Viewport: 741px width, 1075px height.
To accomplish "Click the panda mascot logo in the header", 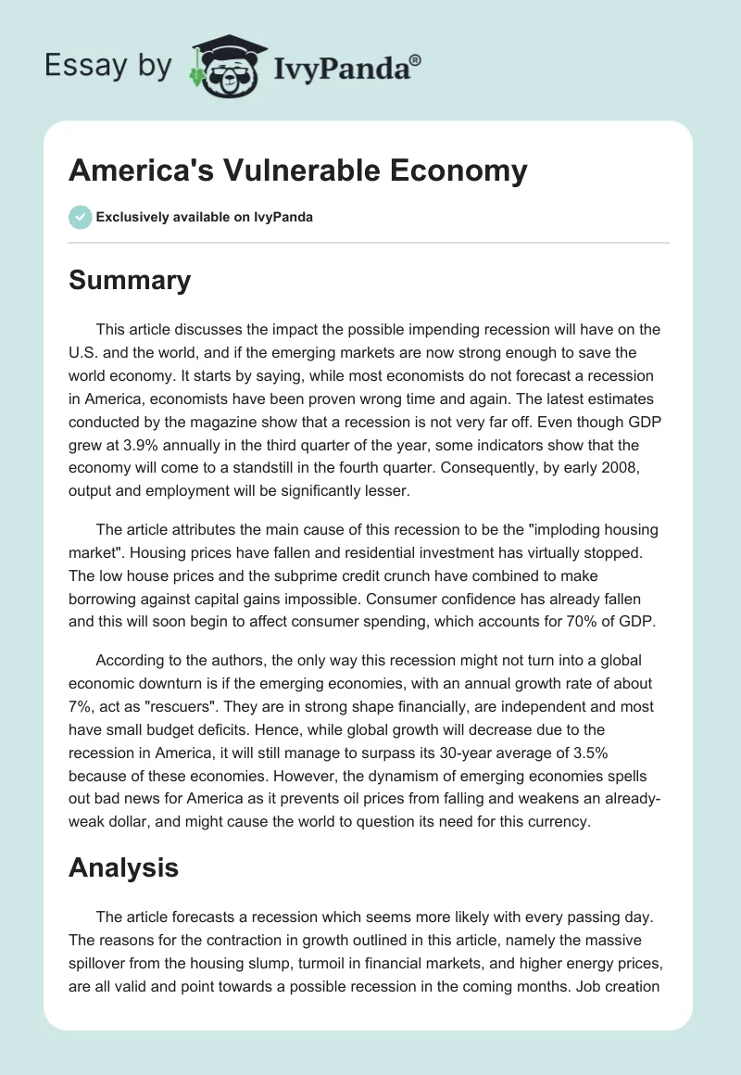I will tap(225, 66).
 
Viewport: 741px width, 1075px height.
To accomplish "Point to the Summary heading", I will tap(130, 280).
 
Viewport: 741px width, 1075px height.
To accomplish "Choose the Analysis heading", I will tap(123, 866).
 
